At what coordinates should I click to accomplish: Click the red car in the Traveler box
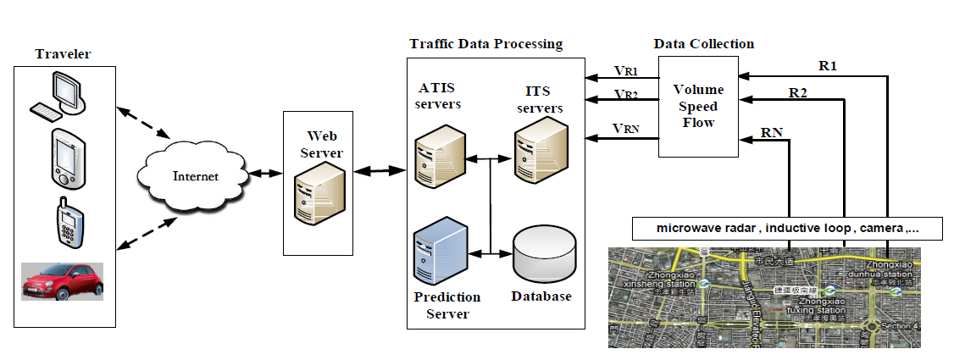(62, 280)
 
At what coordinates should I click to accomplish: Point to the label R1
(828, 64)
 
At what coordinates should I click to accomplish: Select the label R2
(798, 91)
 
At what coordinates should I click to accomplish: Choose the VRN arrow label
(625, 128)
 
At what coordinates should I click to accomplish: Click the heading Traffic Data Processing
(485, 43)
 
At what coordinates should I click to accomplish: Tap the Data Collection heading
(703, 43)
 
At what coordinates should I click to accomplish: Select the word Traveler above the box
(63, 54)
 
